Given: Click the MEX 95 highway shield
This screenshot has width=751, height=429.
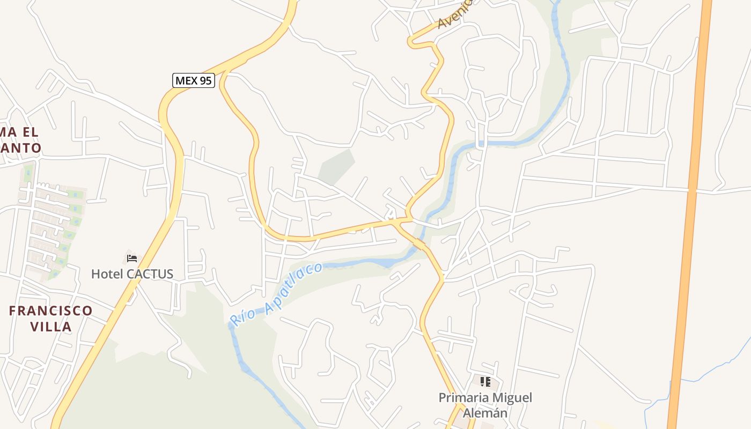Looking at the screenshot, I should coord(194,81).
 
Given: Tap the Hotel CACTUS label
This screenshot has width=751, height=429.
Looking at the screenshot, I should coord(132,274).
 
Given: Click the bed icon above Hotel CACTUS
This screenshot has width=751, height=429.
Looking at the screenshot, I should coord(132,258).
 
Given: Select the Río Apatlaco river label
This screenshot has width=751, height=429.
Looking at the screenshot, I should coord(277,294).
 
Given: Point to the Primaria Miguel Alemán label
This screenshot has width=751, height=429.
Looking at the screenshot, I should coord(485,405).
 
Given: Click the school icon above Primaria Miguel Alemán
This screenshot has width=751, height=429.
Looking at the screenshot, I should coord(485,382).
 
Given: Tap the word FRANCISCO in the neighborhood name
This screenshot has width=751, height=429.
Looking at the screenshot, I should coord(51,311).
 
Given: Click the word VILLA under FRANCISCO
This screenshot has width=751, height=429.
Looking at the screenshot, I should coord(51,327).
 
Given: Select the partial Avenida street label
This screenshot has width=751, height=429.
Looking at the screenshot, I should coord(455,14).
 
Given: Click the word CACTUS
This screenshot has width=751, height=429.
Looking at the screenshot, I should coord(150,274).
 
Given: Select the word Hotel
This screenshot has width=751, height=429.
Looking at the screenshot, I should coord(107,274).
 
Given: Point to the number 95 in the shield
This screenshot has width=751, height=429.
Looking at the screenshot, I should coord(205,81).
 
